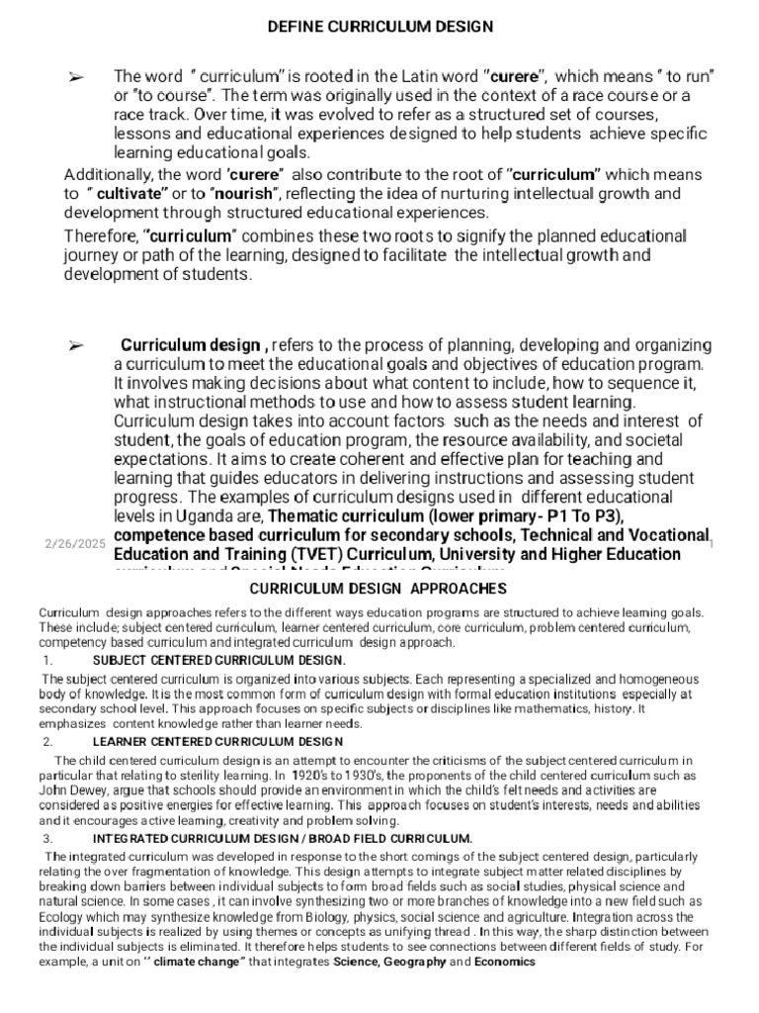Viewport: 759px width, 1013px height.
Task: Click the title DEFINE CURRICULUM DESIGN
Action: point(379,27)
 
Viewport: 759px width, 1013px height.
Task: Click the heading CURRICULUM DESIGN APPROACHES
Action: point(380,590)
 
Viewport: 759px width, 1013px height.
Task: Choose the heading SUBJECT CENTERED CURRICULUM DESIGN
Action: point(218,660)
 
